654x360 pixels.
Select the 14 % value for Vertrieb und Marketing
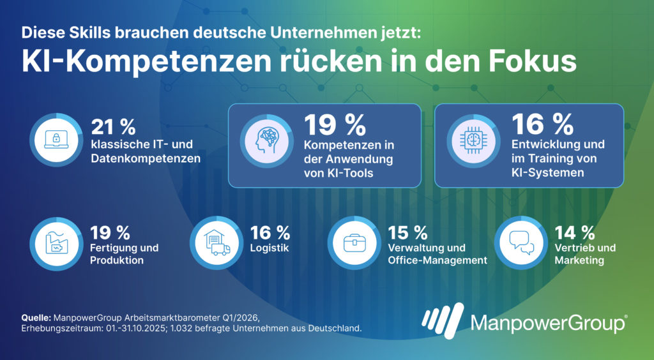[575, 232]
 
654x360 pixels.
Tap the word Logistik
[270, 248]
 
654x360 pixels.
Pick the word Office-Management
[437, 260]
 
